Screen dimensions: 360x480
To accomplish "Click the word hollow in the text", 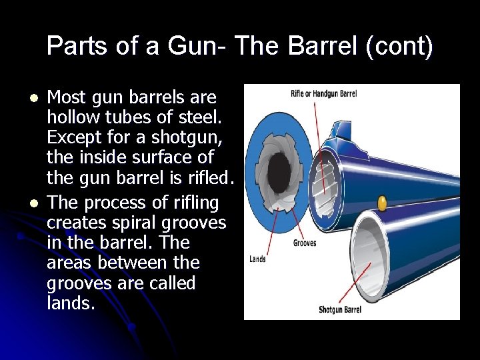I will (71, 119).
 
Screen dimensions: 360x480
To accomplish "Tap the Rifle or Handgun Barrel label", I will (325, 93).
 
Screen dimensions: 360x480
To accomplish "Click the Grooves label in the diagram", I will (305, 243).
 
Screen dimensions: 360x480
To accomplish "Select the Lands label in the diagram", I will (257, 259).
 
